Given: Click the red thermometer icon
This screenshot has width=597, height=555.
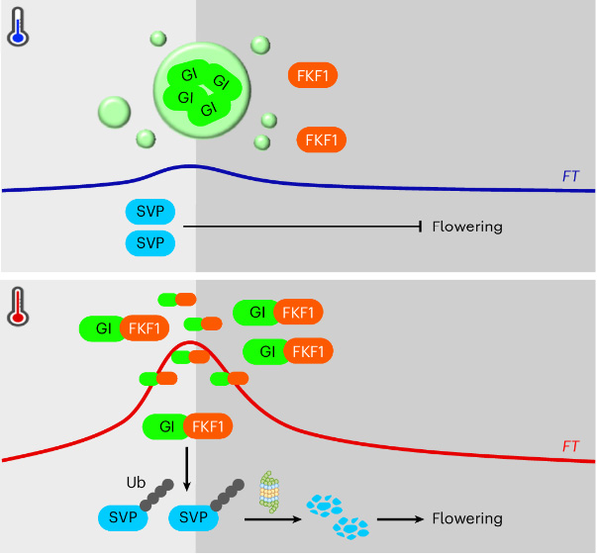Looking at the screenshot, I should coord(18,306).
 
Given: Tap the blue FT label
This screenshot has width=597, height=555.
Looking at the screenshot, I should coord(570,177).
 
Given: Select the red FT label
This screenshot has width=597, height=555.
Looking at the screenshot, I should coord(570,447).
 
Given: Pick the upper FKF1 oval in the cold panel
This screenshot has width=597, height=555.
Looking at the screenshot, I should coord(312,75).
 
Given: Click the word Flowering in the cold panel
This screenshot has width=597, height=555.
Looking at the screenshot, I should coord(467,227).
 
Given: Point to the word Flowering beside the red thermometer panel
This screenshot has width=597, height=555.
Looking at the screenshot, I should coord(467,518).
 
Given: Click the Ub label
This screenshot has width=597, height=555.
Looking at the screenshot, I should coord(135,483).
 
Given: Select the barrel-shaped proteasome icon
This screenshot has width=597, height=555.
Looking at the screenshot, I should coord(269,492).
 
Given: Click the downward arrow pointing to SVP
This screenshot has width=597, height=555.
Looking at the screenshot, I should coord(187,469).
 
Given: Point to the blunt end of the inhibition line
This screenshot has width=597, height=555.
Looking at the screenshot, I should coord(423,227).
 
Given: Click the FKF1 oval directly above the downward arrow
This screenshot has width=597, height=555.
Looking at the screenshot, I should coord(209,427).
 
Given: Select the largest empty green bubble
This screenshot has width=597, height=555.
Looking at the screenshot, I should coord(115,111).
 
